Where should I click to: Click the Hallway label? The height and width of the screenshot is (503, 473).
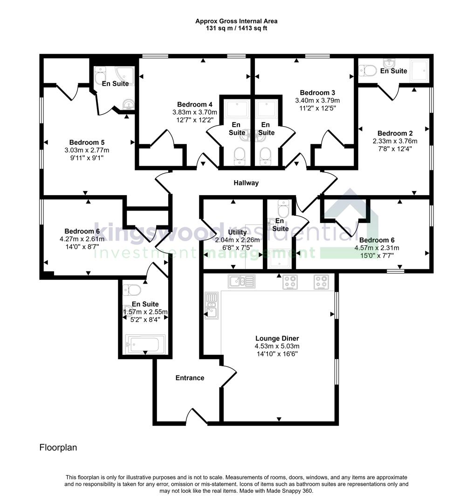(246, 183)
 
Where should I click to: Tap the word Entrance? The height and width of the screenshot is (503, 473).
(190, 378)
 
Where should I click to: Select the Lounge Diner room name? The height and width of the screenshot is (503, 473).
(277, 338)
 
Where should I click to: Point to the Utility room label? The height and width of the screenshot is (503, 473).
(237, 232)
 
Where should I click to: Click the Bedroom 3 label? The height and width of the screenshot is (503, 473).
(317, 92)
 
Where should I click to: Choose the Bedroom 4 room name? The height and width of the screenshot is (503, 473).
(195, 104)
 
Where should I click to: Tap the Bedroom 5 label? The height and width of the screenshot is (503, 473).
(87, 142)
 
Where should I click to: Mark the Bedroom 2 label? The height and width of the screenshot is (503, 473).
(395, 133)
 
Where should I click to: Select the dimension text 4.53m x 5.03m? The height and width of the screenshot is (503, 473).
(277, 346)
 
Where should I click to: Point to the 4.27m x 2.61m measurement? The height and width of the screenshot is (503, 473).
(82, 239)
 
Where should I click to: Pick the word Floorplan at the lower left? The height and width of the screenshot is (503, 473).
(58, 448)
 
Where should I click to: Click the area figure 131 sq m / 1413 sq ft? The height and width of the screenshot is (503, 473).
(236, 28)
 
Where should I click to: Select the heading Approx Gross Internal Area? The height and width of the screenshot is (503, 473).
(236, 21)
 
